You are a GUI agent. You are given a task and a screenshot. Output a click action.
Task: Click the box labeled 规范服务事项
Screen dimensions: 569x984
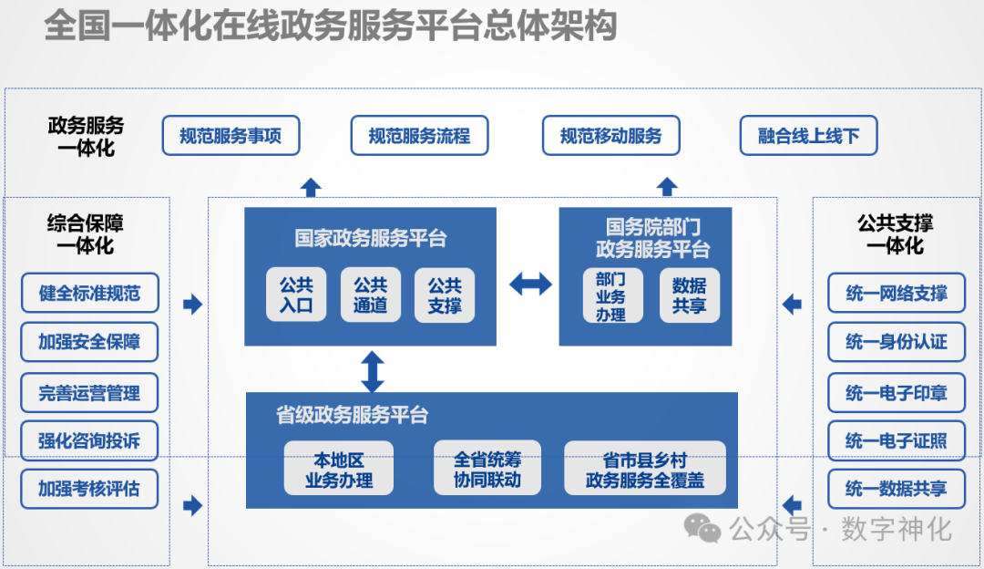pyautogui.click(x=231, y=136)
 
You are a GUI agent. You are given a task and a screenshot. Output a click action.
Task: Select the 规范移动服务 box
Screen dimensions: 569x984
pyautogui.click(x=610, y=136)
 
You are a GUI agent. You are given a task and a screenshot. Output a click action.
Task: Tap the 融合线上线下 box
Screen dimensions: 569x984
pyautogui.click(x=808, y=136)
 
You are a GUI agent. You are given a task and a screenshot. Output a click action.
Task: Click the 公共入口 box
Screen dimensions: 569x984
pyautogui.click(x=296, y=294)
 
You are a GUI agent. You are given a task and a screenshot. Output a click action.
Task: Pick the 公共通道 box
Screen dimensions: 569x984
pyautogui.click(x=370, y=294)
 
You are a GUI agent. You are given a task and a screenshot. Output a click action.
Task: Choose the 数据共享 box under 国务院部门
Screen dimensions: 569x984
pyautogui.click(x=689, y=295)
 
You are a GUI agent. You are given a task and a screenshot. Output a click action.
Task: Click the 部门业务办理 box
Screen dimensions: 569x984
pyautogui.click(x=611, y=295)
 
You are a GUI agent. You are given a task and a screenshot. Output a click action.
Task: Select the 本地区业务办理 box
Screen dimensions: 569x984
pyautogui.click(x=338, y=469)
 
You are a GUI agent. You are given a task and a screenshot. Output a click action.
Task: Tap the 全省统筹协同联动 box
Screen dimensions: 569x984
pyautogui.click(x=487, y=469)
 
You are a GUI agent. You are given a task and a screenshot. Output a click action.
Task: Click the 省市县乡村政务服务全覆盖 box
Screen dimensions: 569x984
pyautogui.click(x=644, y=469)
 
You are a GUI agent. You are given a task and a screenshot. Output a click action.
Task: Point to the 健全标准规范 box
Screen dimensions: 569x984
pyautogui.click(x=89, y=294)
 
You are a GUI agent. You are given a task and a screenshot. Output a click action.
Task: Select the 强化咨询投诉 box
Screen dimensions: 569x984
pyautogui.click(x=89, y=441)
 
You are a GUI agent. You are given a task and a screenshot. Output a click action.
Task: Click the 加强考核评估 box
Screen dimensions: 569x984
pyautogui.click(x=89, y=489)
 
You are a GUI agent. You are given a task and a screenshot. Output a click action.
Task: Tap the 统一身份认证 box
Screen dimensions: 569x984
pyautogui.click(x=896, y=342)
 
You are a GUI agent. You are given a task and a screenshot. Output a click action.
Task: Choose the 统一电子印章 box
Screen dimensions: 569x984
pyautogui.click(x=896, y=393)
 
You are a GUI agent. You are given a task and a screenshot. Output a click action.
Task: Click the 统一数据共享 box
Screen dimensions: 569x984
pyautogui.click(x=896, y=489)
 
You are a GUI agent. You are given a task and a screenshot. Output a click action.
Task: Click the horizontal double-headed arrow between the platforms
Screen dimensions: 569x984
pyautogui.click(x=530, y=284)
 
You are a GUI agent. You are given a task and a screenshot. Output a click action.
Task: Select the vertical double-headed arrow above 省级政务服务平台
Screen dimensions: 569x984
pyautogui.click(x=372, y=370)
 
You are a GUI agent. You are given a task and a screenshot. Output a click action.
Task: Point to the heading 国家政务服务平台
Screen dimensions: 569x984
pyautogui.click(x=370, y=239)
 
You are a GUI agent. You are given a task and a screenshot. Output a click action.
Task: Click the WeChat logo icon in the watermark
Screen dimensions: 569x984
pyautogui.click(x=702, y=528)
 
